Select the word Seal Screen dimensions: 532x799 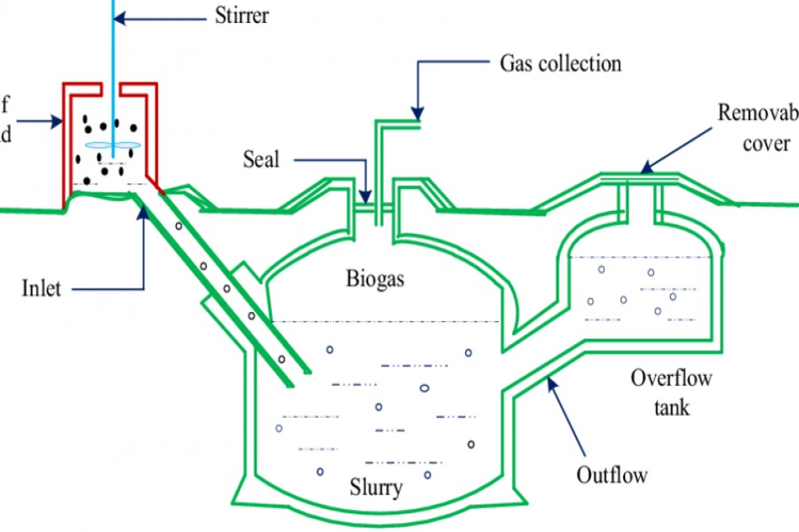click(x=261, y=160)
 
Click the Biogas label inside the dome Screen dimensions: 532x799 click(x=375, y=280)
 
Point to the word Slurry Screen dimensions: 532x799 click(x=376, y=487)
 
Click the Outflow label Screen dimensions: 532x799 click(x=612, y=474)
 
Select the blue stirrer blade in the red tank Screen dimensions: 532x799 click(x=113, y=145)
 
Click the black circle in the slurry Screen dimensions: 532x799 click(x=471, y=443)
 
